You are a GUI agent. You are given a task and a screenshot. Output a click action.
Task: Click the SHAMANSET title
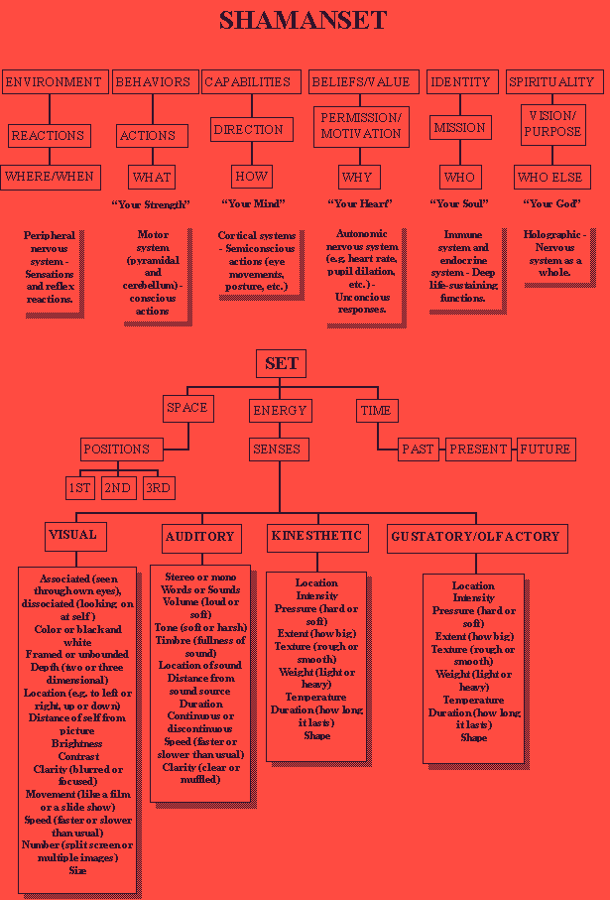(x=303, y=20)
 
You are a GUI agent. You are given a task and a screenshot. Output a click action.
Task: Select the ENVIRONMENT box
(x=53, y=82)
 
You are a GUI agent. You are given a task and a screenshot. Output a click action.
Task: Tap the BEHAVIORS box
(x=155, y=82)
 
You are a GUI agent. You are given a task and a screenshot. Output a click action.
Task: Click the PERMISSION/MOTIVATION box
(x=360, y=125)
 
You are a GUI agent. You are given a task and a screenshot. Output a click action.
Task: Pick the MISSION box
(x=459, y=128)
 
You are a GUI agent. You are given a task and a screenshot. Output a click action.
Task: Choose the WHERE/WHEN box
(x=50, y=177)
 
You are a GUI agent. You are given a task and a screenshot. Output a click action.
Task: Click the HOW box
(x=252, y=177)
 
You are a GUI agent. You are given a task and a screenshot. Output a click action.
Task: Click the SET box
(x=281, y=363)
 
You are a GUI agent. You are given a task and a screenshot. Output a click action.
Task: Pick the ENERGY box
(x=280, y=410)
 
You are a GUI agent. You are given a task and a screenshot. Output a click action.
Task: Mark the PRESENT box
(x=478, y=449)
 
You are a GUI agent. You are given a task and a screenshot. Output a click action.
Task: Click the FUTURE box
(x=546, y=449)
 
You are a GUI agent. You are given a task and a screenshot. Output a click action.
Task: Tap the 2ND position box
(x=118, y=488)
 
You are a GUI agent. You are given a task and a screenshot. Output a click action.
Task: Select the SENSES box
(x=277, y=449)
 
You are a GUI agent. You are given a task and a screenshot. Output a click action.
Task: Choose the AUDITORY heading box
(x=199, y=537)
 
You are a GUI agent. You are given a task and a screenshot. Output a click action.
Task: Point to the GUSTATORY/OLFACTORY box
(x=475, y=537)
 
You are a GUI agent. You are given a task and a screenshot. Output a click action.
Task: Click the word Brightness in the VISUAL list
(x=76, y=743)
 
